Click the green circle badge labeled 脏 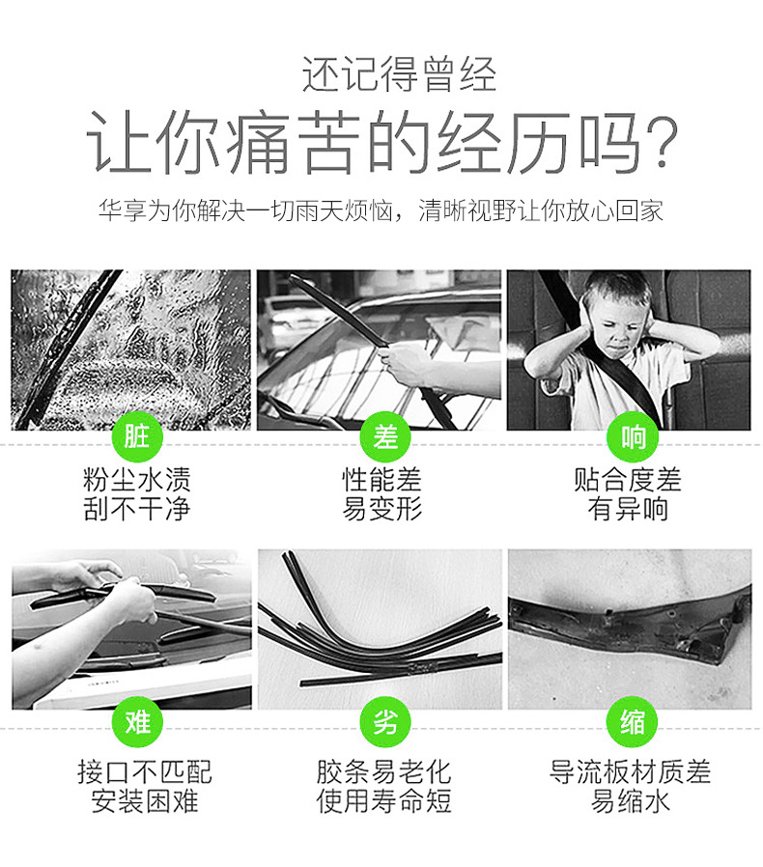[137, 436]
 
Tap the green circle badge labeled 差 [385, 436]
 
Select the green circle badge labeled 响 [632, 436]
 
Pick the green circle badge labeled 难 [137, 722]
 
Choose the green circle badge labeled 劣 [385, 722]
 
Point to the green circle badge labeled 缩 [632, 722]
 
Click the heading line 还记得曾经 [399, 74]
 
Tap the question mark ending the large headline [662, 142]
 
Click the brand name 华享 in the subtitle [123, 210]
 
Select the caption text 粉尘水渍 [137, 480]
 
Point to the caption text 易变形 [382, 509]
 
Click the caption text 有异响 [628, 509]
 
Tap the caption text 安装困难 [145, 801]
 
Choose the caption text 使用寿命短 [384, 801]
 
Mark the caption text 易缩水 [631, 801]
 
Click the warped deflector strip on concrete [630, 625]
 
